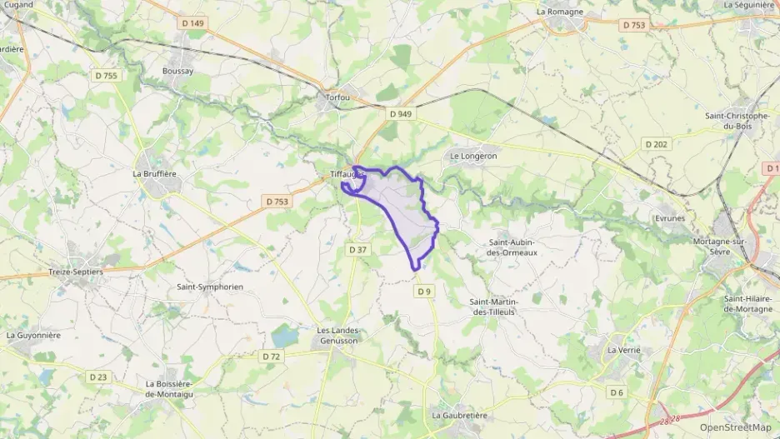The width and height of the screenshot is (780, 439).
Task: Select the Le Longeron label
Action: tap(473, 156)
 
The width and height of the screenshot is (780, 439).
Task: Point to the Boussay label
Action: tap(177, 72)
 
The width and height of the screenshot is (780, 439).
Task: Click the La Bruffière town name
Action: tap(155, 174)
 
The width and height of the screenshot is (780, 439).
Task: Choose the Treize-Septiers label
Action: tap(76, 272)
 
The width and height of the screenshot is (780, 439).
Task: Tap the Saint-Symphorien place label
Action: tap(209, 287)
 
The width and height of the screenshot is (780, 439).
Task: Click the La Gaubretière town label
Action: tap(459, 415)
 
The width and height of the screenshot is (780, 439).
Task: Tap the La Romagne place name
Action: tap(559, 12)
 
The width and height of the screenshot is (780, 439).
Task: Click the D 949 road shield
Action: tap(401, 113)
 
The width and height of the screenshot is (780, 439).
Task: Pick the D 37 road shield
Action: tap(357, 249)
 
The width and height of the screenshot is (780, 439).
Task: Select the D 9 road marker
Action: tap(424, 291)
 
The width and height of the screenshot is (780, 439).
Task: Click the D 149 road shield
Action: tap(193, 23)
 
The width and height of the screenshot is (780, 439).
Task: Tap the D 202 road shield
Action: tap(656, 144)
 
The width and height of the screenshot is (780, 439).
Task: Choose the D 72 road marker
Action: tap(271, 357)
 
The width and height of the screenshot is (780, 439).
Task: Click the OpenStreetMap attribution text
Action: tap(735, 427)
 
